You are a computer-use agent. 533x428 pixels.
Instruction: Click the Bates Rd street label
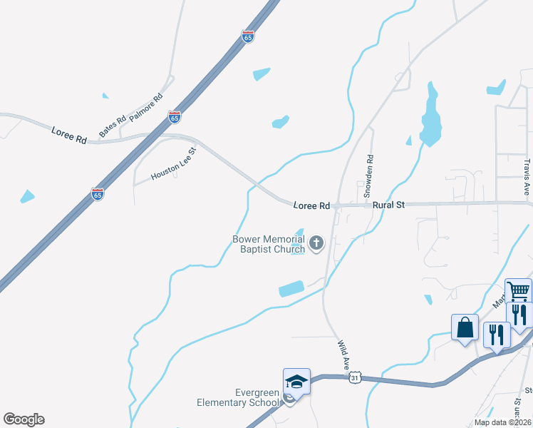[x=113, y=126]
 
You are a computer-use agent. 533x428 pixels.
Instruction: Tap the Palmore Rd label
[x=146, y=106]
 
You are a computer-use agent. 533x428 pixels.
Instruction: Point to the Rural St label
[x=388, y=205]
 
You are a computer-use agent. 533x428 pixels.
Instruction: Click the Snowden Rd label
[x=368, y=177]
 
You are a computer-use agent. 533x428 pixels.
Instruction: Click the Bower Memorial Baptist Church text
[x=269, y=244]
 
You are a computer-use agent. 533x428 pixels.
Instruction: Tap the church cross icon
[x=316, y=245]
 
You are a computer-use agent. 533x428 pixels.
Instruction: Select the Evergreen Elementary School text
[x=238, y=397]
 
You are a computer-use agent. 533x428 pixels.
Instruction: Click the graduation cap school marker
[x=296, y=382]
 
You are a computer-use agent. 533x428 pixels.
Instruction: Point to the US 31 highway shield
[x=355, y=377]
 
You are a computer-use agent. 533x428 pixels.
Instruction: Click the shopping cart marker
[x=519, y=291]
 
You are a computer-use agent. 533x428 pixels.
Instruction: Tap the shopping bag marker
[x=465, y=328]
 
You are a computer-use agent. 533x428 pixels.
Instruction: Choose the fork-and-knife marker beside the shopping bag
[x=497, y=335]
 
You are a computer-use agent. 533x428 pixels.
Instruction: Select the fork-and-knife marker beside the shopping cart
[x=519, y=315]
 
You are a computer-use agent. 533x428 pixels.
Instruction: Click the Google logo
[x=24, y=419]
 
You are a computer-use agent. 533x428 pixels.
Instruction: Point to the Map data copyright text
[x=502, y=422]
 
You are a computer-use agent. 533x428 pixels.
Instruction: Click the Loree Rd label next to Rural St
[x=311, y=205]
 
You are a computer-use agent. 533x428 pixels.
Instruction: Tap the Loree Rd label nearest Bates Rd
[x=69, y=134]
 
